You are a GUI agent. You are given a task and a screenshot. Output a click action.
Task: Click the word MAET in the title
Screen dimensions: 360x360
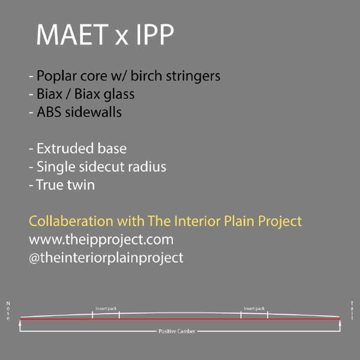point(73,34)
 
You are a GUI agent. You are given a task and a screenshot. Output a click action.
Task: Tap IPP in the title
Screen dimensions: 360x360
point(155,34)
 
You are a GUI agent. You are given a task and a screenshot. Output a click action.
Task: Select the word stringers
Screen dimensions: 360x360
point(193,76)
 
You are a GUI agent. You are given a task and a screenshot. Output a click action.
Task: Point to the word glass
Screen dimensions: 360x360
point(119,94)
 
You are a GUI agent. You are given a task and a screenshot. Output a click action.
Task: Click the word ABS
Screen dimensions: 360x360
point(49,112)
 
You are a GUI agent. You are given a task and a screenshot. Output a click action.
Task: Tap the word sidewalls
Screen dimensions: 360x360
point(93,112)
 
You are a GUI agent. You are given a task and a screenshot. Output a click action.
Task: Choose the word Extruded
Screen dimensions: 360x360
point(65,148)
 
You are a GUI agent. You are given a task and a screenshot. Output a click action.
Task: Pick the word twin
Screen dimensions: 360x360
point(80,185)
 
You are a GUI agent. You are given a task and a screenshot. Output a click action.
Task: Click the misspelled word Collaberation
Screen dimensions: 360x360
point(71,221)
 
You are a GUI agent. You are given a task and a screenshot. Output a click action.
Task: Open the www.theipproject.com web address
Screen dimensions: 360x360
point(101,240)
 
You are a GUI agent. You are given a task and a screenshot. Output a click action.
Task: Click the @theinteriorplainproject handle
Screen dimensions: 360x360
point(106,258)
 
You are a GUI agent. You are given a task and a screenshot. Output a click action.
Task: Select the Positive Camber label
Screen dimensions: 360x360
point(177,331)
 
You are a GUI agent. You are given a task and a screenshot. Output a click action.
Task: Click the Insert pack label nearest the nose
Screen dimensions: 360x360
point(106,308)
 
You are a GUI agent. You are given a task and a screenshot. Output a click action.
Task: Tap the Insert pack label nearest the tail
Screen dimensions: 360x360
point(254,308)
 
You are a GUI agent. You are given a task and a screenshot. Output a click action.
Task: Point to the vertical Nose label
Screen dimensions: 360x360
point(8,311)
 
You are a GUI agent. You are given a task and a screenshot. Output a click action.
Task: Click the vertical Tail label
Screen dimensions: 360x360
point(352,310)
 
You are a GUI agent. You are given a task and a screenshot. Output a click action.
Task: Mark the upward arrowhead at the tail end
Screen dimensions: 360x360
point(340,323)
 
